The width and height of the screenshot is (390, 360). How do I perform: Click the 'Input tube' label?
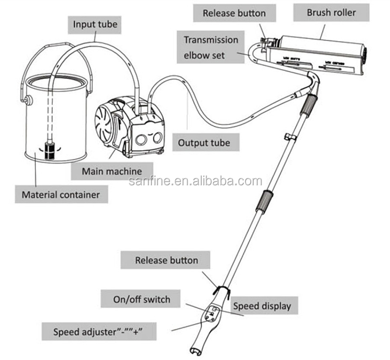(95, 24)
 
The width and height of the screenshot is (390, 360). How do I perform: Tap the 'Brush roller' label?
(331, 12)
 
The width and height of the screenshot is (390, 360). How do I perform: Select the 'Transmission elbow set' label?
(211, 46)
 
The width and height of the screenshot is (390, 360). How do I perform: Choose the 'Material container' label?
(60, 195)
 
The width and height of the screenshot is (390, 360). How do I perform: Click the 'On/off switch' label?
(141, 299)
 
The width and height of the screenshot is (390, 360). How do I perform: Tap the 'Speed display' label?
(262, 306)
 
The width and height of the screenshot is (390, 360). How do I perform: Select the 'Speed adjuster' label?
(105, 331)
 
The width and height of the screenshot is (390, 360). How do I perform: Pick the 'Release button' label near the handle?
(166, 260)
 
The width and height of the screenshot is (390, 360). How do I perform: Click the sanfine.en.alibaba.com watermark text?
(195, 181)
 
